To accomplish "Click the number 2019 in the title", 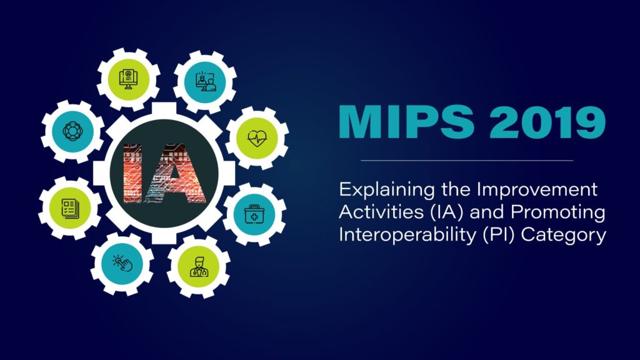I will [543, 123].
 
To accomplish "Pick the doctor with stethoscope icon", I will [199, 265].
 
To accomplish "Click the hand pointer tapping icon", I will [122, 263].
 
